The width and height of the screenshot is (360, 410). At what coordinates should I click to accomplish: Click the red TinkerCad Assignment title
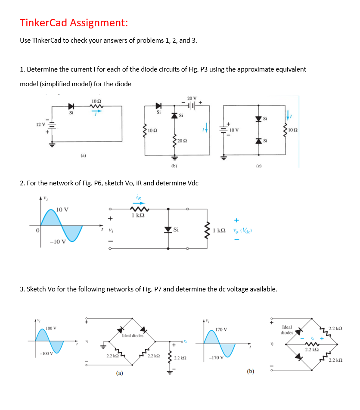coord(74,22)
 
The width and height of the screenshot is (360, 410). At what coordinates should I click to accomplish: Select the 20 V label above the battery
coord(192,98)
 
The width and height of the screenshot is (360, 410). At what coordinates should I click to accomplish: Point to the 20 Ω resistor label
coord(182,141)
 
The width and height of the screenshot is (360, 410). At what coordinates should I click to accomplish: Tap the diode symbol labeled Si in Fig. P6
coord(168,230)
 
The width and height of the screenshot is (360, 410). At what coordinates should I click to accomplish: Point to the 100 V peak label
coord(51,329)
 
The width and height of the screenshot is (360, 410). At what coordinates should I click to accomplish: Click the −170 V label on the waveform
coord(215,358)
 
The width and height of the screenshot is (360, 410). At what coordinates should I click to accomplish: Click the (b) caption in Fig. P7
coord(250,371)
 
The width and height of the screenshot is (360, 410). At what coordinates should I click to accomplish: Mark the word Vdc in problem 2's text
coord(191,183)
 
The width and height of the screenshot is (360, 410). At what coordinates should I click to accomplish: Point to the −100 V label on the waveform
coord(43,354)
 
